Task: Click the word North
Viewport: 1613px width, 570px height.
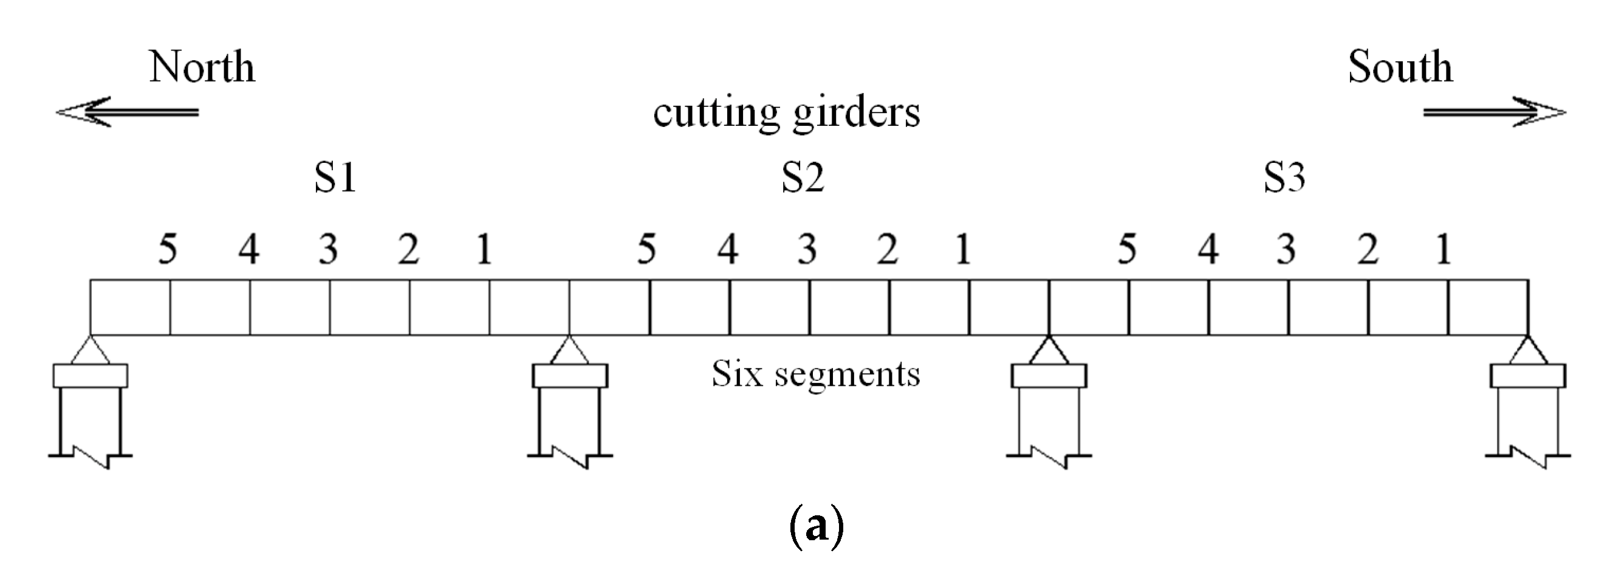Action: (202, 67)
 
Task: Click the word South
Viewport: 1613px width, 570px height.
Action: (1400, 67)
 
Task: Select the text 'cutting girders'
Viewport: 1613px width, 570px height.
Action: (787, 114)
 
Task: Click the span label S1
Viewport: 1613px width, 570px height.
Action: (335, 178)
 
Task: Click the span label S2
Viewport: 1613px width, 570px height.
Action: (803, 178)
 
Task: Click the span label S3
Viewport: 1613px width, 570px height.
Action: (1284, 178)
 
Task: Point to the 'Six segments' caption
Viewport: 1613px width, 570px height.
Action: (815, 374)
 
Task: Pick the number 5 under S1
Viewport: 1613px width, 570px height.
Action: (167, 249)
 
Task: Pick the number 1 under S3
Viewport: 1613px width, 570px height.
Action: (1443, 249)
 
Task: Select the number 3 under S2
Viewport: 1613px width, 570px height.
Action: (807, 249)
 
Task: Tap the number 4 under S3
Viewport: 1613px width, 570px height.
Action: (1208, 249)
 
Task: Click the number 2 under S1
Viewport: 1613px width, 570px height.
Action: (408, 249)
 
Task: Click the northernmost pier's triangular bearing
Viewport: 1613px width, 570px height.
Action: (91, 351)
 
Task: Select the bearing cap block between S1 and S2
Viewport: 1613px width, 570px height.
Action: (570, 376)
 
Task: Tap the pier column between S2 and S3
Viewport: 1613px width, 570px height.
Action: (1049, 420)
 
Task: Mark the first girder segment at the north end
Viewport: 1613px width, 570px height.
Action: (130, 307)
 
